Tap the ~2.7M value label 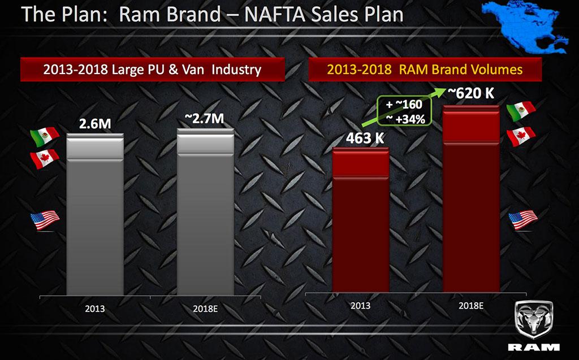205,119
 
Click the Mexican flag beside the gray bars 45,135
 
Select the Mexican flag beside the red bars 521,111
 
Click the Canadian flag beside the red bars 521,136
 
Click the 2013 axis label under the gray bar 94,309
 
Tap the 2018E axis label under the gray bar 205,309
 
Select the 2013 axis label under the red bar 360,306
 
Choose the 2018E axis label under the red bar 470,306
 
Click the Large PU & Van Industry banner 152,70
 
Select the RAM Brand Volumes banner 425,70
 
